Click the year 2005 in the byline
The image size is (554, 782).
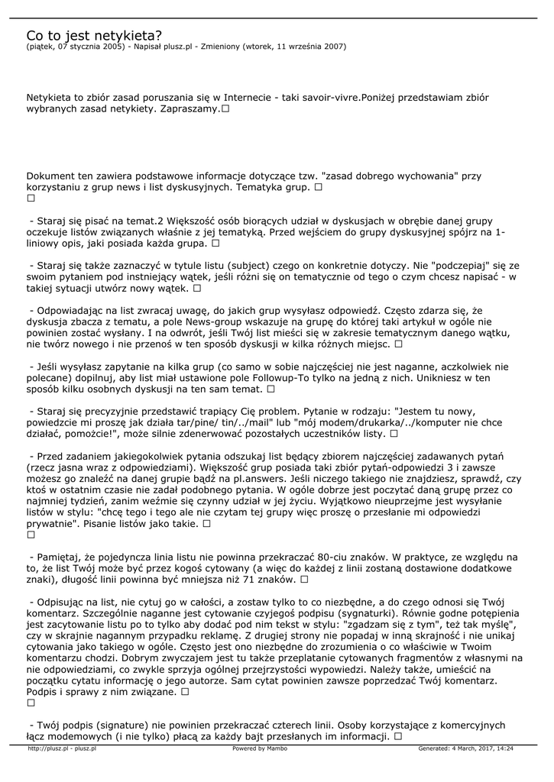coord(114,46)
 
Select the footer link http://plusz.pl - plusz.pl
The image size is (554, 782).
coord(62,748)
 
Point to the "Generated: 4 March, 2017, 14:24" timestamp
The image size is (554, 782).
coord(465,748)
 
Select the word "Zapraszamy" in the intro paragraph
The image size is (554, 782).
coord(189,110)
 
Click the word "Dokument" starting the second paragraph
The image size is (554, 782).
coord(50,176)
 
